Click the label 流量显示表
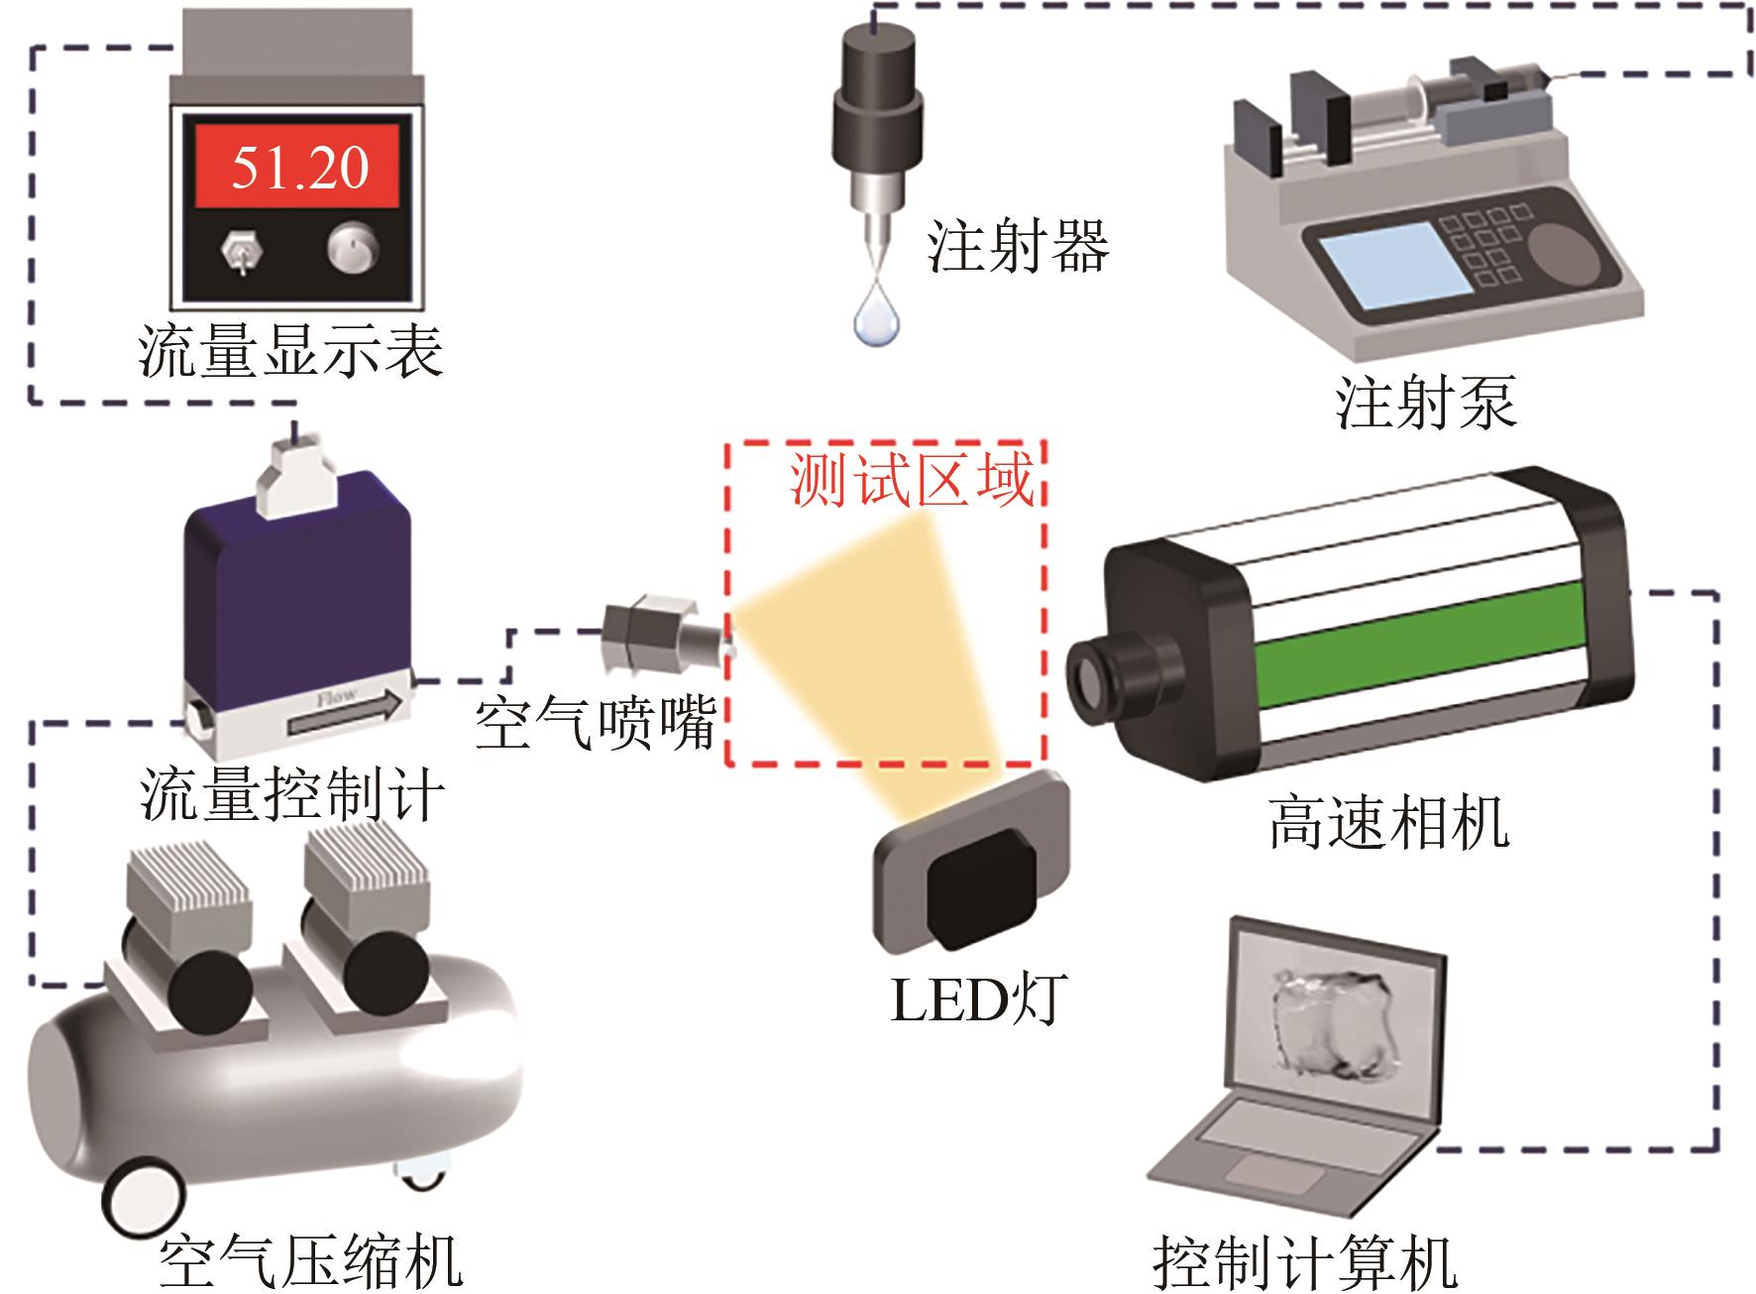[x=290, y=351]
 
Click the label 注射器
[x=1018, y=246]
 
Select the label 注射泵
[x=1425, y=403]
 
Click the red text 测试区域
[x=912, y=482]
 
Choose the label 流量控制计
[x=291, y=795]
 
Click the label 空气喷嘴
[x=596, y=725]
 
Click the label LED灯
[x=977, y=1000]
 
